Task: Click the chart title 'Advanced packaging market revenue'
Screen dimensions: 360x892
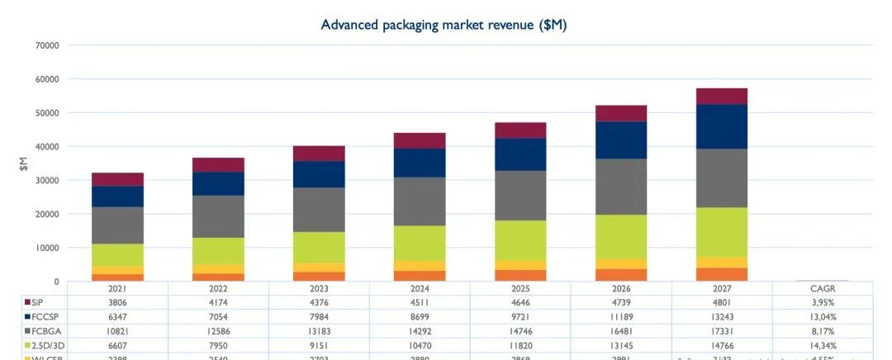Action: pos(444,25)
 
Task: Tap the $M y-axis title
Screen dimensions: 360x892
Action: pos(24,163)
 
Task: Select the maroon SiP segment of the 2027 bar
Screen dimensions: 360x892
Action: pos(722,96)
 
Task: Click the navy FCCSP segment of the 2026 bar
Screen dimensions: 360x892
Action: pos(621,140)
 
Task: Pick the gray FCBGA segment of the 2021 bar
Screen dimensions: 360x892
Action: pos(118,225)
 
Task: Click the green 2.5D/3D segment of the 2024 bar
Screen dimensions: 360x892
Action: pos(420,244)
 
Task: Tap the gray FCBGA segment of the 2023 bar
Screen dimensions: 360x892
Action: pos(319,210)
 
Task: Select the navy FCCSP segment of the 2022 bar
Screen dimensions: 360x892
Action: pos(218,183)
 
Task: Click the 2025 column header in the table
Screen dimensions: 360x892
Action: pos(520,288)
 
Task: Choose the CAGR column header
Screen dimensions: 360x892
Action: pos(823,288)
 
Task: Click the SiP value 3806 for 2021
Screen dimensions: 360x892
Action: pos(117,301)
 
